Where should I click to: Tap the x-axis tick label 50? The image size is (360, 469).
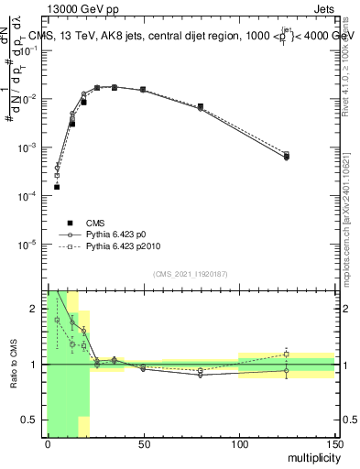[143, 445]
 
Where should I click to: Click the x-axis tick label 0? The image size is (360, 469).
[48, 445]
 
